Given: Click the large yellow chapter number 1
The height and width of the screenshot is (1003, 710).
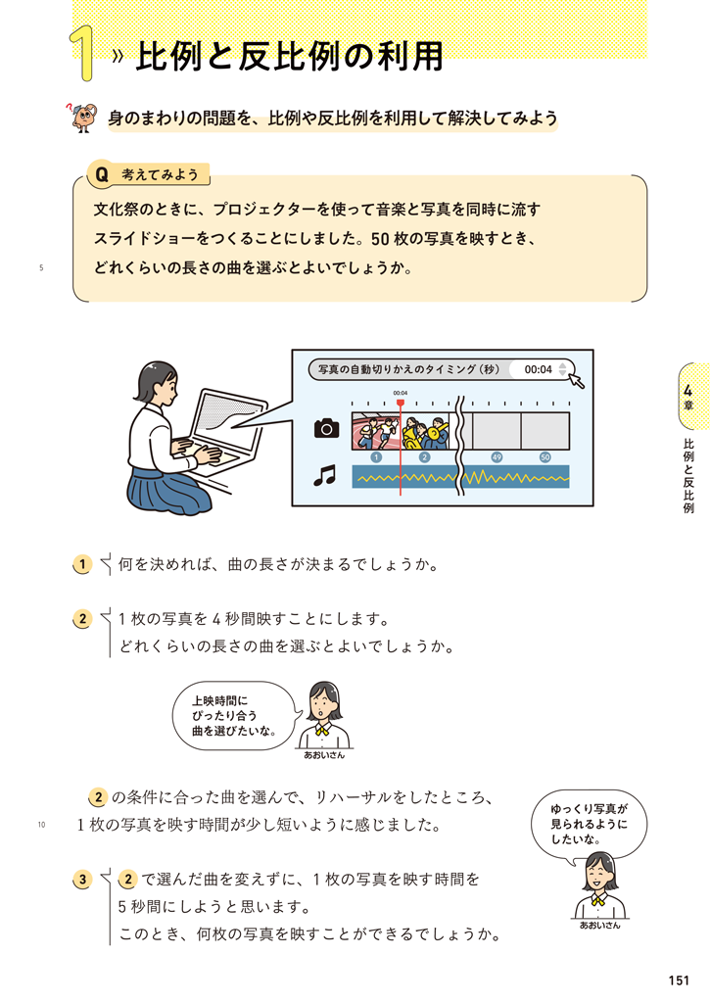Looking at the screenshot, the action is click(83, 54).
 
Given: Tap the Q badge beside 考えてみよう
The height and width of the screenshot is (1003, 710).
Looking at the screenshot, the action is click(102, 174).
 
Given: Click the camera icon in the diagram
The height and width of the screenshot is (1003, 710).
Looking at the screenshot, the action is click(327, 428).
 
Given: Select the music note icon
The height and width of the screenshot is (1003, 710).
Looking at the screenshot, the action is click(325, 475).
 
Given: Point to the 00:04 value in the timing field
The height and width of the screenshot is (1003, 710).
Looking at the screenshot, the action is click(538, 369).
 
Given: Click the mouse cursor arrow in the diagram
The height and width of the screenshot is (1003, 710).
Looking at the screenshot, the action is click(577, 381).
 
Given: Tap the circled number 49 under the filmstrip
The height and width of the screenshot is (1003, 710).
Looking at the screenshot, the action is click(497, 457).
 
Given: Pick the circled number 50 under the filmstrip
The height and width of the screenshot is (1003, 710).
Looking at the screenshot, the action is click(544, 457).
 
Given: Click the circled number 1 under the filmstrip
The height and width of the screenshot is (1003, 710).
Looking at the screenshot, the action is click(375, 457).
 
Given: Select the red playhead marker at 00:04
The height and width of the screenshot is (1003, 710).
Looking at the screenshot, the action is click(401, 403).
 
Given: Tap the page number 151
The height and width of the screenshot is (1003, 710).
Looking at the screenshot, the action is click(679, 979).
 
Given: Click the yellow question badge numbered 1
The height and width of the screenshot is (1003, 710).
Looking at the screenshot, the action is click(82, 564).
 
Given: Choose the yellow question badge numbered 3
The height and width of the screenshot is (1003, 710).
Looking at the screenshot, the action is click(82, 880).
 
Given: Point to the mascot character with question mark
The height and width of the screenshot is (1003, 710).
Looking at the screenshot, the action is click(81, 117).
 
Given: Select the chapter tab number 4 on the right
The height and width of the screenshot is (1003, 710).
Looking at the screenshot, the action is click(687, 391).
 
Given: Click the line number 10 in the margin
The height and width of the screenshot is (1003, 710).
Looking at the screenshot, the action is click(41, 825).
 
